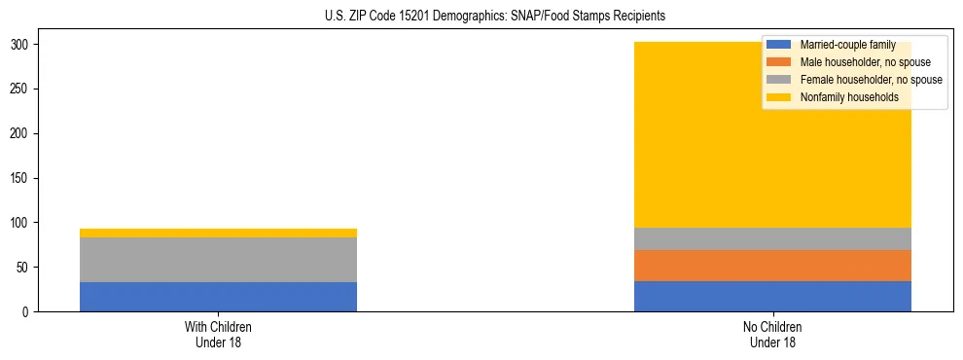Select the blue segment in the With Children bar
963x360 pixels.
pyautogui.click(x=218, y=297)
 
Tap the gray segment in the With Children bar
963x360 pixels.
pyautogui.click(x=218, y=260)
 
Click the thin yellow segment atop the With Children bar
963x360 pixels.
pyautogui.click(x=218, y=233)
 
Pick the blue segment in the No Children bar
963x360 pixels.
pyautogui.click(x=772, y=296)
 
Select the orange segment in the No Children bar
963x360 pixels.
pyautogui.click(x=772, y=266)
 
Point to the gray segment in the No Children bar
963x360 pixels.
pyautogui.click(x=772, y=238)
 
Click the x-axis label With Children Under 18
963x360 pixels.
pyautogui.click(x=218, y=334)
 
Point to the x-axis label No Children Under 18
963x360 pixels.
pyautogui.click(x=772, y=334)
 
